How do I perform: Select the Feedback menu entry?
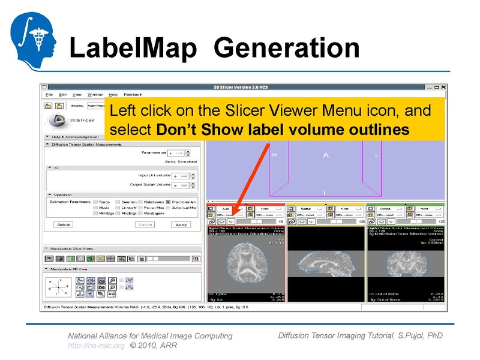click(x=133, y=94)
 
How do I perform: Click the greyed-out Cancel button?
click(x=145, y=224)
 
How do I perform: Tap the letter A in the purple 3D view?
click(x=326, y=155)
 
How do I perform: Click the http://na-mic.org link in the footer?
click(x=96, y=346)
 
